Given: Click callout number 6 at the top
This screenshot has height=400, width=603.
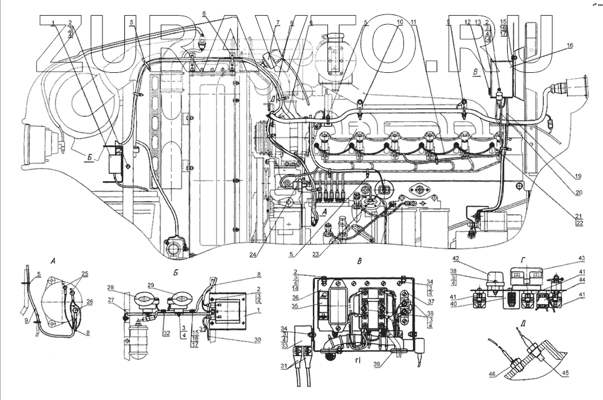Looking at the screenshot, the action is point(204,13).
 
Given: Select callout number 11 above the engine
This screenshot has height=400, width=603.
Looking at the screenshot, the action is point(413,22).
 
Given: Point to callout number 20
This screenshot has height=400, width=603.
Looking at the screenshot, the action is point(578,193).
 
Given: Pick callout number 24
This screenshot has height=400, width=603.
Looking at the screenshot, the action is point(252,254).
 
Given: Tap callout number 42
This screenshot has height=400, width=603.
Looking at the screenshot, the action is point(456,259).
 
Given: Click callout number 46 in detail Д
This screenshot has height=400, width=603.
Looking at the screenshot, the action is point(491,373).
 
